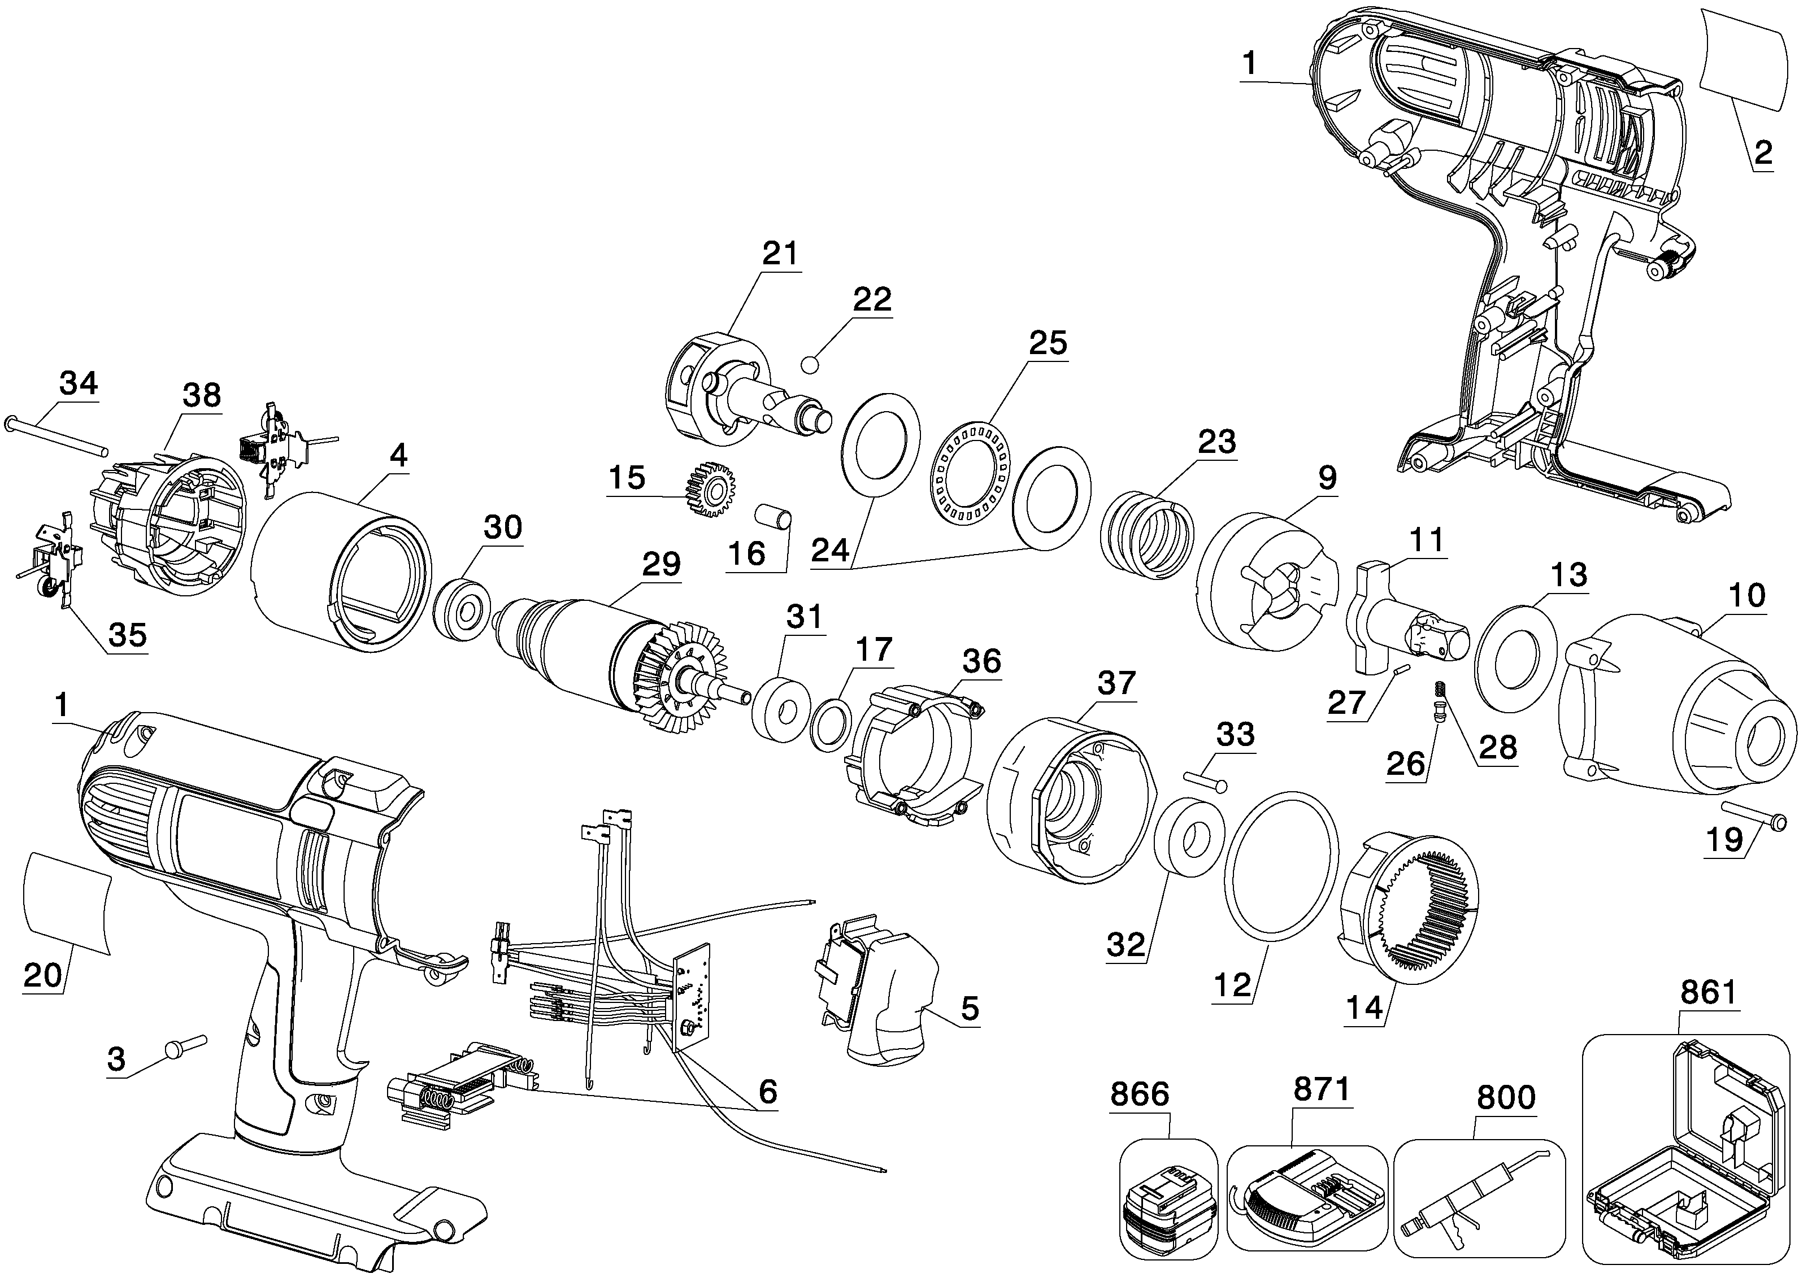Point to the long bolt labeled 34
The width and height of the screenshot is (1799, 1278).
click(x=57, y=434)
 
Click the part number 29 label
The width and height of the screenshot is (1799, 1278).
click(x=660, y=564)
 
